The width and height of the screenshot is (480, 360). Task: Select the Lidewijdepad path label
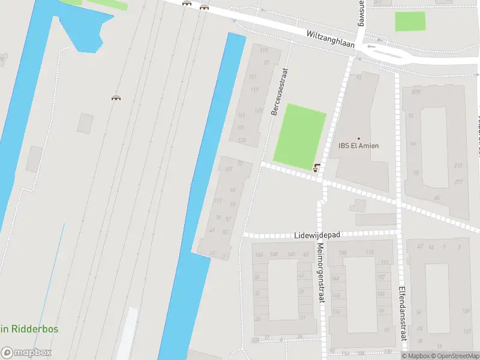pos(317,236)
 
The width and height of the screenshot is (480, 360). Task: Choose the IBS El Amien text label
pos(359,146)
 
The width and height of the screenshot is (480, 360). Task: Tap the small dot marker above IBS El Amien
pos(359,138)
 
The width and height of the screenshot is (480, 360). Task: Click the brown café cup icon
pos(317,167)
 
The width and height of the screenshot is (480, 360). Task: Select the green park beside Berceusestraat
pos(299,136)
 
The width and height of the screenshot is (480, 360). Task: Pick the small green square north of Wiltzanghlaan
pos(410,21)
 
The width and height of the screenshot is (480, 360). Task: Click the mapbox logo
pos(26,353)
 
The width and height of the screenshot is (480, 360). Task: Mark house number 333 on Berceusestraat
pos(241,140)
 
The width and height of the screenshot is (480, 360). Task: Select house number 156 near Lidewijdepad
pos(259,254)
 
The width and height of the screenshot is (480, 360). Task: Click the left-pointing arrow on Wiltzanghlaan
pos(373,46)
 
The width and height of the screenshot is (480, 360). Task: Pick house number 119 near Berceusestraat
pos(264,50)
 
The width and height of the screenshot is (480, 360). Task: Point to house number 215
pos(458,166)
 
